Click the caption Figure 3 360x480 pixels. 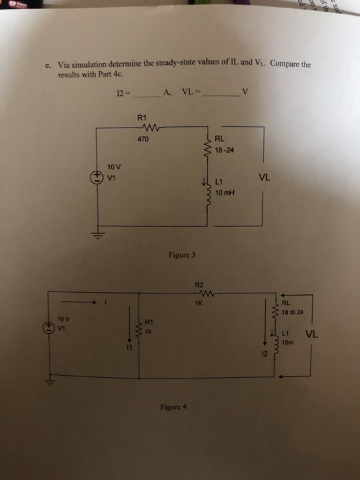(x=182, y=254)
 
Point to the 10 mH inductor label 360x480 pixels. (x=225, y=192)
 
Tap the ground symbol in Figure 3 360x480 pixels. (x=97, y=235)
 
